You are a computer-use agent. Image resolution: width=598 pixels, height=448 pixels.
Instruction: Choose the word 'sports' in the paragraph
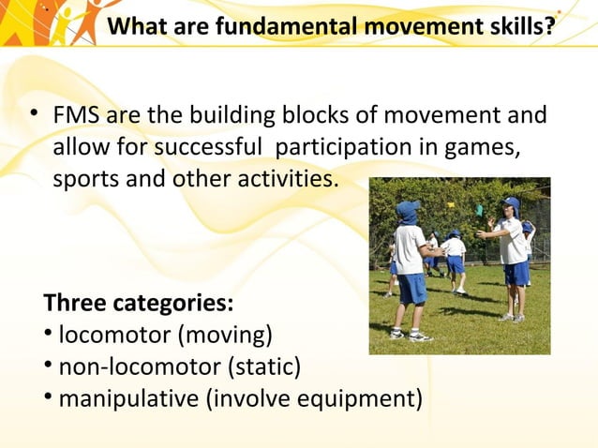click(82, 178)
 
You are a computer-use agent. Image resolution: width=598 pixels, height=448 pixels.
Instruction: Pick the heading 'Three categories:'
click(139, 305)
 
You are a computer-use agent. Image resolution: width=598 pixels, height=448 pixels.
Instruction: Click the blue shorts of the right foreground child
click(516, 273)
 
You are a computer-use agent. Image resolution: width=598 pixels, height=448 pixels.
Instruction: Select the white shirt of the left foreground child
click(410, 249)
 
